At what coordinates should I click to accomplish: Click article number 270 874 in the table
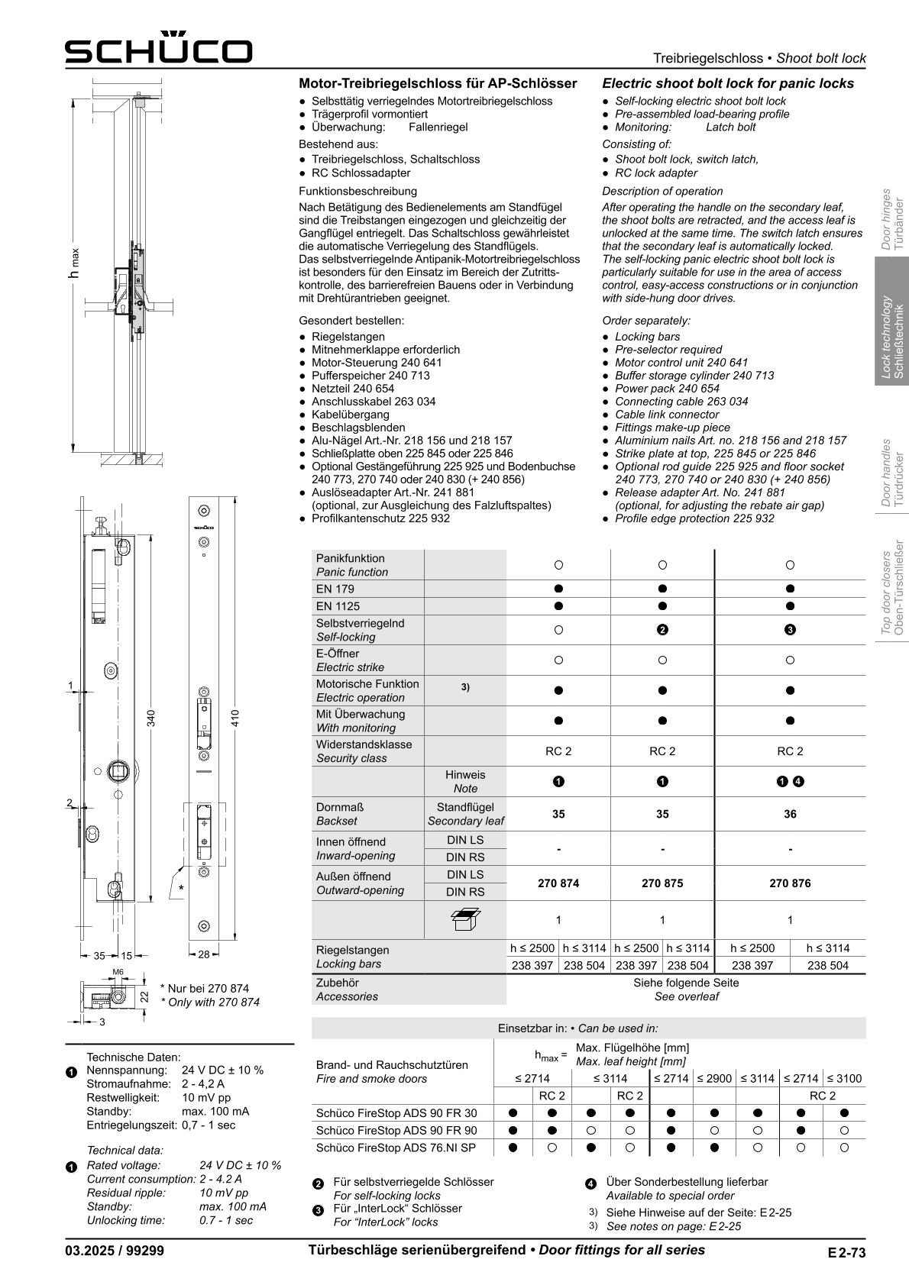click(x=558, y=883)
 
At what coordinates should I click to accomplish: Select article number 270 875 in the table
click(x=662, y=883)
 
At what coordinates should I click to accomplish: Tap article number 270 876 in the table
click(x=790, y=883)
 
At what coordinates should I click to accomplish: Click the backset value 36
click(x=790, y=814)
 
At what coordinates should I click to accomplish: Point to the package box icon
click(x=465, y=919)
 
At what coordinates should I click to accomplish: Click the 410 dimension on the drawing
click(x=236, y=718)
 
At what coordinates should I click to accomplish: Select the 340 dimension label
click(x=151, y=718)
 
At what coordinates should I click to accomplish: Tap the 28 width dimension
click(x=204, y=954)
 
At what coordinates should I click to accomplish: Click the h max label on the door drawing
click(x=74, y=263)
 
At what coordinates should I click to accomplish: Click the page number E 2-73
click(x=846, y=1252)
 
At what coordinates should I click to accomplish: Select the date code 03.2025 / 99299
click(x=115, y=1251)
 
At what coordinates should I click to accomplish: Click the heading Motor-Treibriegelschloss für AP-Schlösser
click(x=438, y=83)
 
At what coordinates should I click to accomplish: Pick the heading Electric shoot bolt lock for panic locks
click(x=728, y=83)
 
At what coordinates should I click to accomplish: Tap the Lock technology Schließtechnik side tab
click(x=892, y=337)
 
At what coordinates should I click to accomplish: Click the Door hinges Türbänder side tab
click(x=892, y=219)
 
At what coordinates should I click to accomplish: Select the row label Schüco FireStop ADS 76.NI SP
click(x=396, y=1148)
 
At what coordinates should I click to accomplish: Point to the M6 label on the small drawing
click(x=118, y=972)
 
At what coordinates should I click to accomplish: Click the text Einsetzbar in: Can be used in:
click(x=577, y=1028)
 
